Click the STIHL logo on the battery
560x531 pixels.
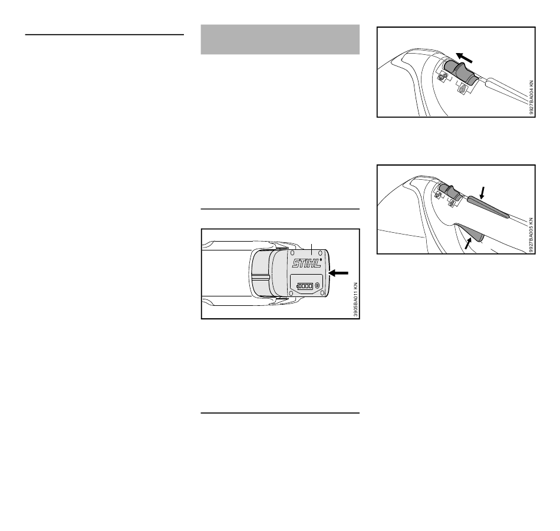click(307, 263)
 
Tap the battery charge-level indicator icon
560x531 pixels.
click(305, 286)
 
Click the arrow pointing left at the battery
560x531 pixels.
click(338, 273)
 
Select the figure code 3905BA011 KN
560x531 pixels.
click(355, 299)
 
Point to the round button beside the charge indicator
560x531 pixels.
click(317, 286)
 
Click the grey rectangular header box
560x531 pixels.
click(280, 39)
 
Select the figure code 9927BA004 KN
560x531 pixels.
click(532, 97)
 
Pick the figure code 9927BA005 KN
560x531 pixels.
click(532, 235)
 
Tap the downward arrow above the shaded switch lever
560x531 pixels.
click(483, 193)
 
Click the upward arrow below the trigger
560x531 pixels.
click(468, 243)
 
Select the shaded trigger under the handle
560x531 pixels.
click(470, 232)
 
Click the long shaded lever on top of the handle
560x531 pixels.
click(488, 207)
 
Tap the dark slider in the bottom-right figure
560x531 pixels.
click(450, 192)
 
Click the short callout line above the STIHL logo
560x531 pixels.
click(311, 249)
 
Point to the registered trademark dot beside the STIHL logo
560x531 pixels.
click(321, 260)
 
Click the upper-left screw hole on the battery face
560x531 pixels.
click(292, 253)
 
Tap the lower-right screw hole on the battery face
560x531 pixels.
click(322, 293)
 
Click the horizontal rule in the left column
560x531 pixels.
click(104, 35)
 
